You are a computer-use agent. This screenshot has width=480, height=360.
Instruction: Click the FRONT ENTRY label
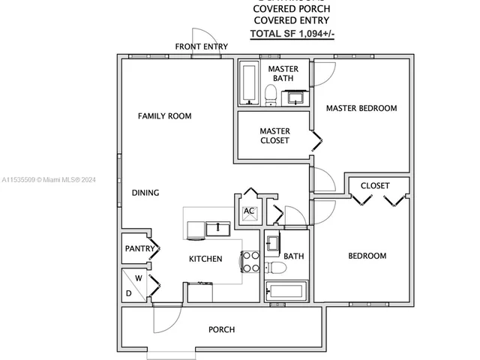point(201,46)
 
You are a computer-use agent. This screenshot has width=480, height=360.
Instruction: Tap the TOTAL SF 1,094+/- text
point(291,34)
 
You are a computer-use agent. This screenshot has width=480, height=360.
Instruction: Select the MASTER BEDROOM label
point(361,108)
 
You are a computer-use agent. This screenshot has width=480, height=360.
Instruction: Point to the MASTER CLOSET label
point(274,136)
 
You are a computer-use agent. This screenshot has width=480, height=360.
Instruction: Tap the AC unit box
point(248,211)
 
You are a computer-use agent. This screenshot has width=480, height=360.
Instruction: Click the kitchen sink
point(218,227)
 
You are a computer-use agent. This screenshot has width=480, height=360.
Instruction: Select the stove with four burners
point(250,262)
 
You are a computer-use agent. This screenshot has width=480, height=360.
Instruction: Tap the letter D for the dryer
point(128,293)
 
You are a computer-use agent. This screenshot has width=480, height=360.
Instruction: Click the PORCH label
point(221,329)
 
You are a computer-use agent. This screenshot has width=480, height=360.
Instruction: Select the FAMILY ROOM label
point(164,116)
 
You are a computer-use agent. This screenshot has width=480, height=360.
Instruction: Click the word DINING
point(145,193)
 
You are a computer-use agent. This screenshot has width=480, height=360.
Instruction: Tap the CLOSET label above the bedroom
point(375,185)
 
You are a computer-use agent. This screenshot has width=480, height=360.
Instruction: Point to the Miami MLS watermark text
point(49,180)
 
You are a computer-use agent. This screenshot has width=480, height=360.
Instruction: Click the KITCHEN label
point(205,259)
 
